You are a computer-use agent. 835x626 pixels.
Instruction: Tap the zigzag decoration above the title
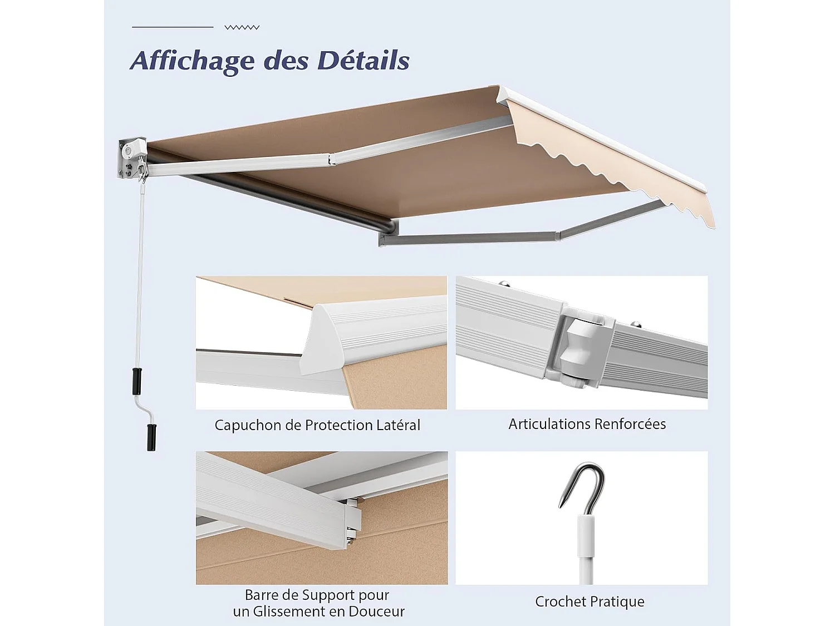point(242,27)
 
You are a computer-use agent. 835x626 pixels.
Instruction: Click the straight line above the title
point(173,27)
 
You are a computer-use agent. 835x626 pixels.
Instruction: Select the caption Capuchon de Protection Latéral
point(317,425)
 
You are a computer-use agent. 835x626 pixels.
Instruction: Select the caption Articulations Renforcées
point(587,424)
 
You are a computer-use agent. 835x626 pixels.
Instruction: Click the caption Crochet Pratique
point(590,602)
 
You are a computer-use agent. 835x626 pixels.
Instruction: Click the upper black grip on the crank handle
point(136,381)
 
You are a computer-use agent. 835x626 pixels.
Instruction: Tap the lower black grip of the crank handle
point(151,437)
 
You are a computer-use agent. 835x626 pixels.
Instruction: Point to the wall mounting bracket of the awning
point(131,159)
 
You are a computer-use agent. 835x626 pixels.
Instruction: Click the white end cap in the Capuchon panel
point(328,339)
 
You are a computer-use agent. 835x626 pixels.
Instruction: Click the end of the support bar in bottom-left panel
point(351,520)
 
